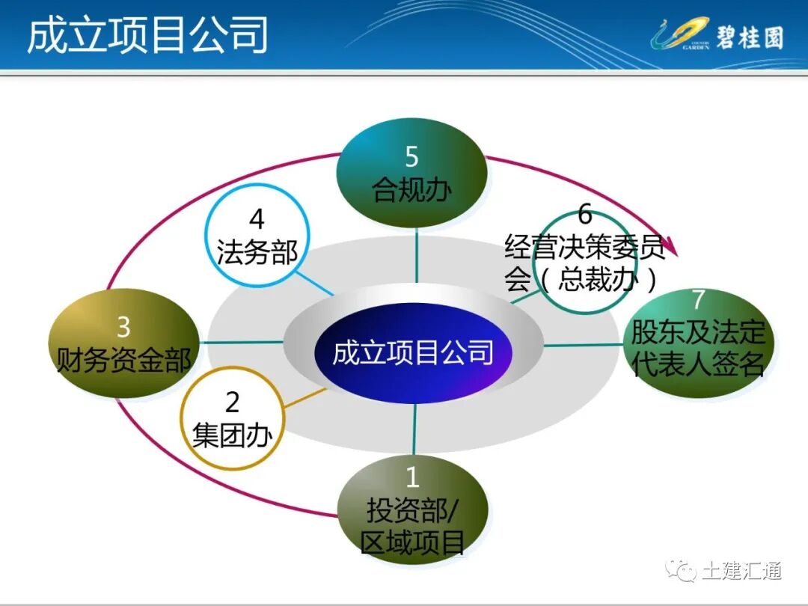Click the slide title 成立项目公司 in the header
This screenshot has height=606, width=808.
pyautogui.click(x=147, y=35)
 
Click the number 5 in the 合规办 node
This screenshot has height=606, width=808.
pyautogui.click(x=412, y=157)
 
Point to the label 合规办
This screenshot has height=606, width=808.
pyautogui.click(x=412, y=190)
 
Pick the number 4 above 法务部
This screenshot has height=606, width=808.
pyautogui.click(x=257, y=220)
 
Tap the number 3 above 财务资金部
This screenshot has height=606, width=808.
pyautogui.click(x=124, y=327)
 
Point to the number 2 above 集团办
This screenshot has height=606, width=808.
pyautogui.click(x=232, y=403)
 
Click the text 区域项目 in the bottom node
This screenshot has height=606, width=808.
pyautogui.click(x=412, y=542)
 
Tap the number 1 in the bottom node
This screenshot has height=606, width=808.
pyautogui.click(x=412, y=477)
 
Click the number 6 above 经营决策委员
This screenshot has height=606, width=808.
pyautogui.click(x=584, y=215)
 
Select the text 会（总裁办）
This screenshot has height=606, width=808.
pyautogui.click(x=582, y=279)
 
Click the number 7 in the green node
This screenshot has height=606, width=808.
pyautogui.click(x=697, y=299)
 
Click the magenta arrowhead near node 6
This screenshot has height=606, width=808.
pyautogui.click(x=671, y=245)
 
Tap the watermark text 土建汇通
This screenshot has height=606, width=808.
pyautogui.click(x=741, y=571)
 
